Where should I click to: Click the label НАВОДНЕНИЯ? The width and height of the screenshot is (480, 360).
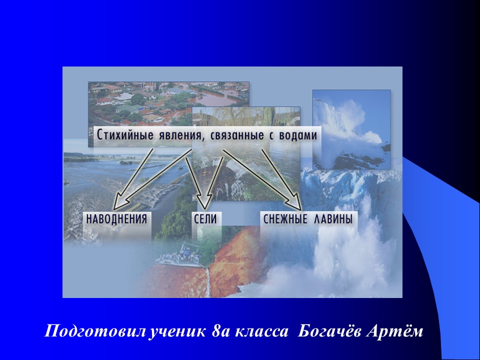[x=116, y=218]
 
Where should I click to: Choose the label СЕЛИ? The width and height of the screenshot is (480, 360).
[x=205, y=218]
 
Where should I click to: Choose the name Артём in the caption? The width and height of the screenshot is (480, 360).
[x=399, y=331]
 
